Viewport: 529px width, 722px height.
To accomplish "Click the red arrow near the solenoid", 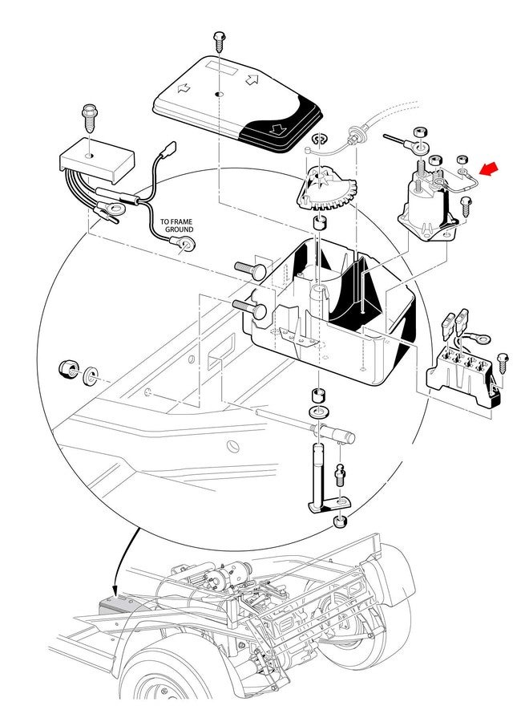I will [488, 168].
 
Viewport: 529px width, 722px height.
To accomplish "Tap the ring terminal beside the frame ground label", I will [188, 245].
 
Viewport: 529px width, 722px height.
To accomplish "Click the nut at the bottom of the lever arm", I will [340, 521].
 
